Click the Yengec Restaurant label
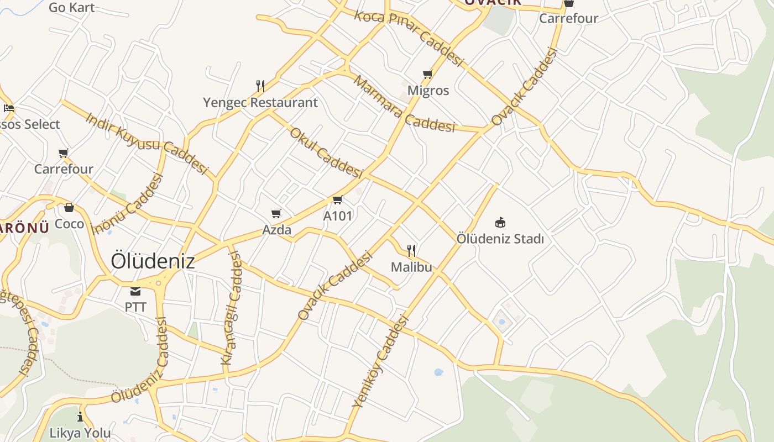pyautogui.click(x=260, y=103)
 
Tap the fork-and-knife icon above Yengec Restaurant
pyautogui.click(x=260, y=86)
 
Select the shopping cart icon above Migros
pyautogui.click(x=427, y=75)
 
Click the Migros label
pyautogui.click(x=428, y=90)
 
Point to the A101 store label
pyautogui.click(x=337, y=215)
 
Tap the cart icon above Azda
pyautogui.click(x=276, y=213)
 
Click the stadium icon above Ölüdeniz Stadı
pyautogui.click(x=500, y=223)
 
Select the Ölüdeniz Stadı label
pyautogui.click(x=500, y=239)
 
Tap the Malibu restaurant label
pyautogui.click(x=411, y=267)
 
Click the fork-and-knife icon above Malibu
pyautogui.click(x=411, y=251)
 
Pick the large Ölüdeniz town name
pyautogui.click(x=153, y=261)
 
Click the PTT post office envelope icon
pyautogui.click(x=135, y=291)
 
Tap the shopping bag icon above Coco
pyautogui.click(x=69, y=208)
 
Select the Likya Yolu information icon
pyautogui.click(x=80, y=417)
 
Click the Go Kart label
pyautogui.click(x=72, y=7)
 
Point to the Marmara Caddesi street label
pyautogui.click(x=404, y=105)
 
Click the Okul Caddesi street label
pyautogui.click(x=326, y=152)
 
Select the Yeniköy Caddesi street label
pyautogui.click(x=381, y=362)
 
